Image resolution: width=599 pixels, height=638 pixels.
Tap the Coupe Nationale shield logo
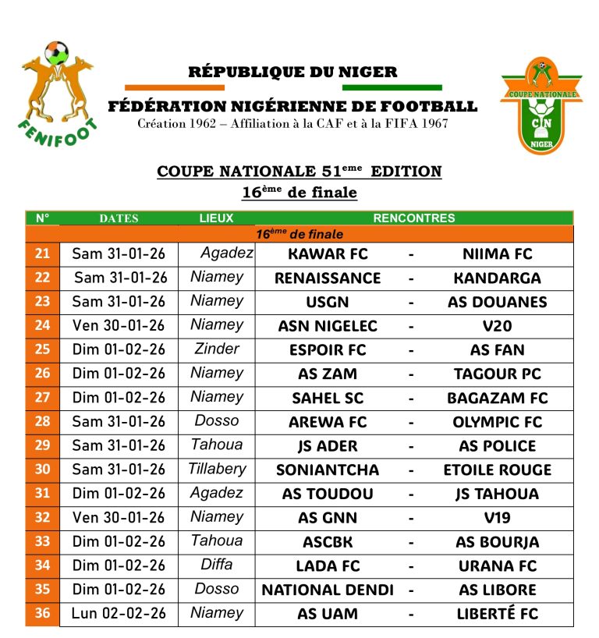click(x=541, y=104)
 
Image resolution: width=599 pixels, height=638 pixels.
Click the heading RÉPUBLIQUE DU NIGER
click(x=292, y=73)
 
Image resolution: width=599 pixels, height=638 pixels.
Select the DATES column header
click(x=119, y=218)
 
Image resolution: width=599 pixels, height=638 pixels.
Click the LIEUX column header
click(x=216, y=218)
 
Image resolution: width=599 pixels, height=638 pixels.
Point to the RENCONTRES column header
click(x=413, y=218)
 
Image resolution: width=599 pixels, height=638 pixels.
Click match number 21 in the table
click(x=42, y=253)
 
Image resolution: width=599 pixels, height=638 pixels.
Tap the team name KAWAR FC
click(x=328, y=254)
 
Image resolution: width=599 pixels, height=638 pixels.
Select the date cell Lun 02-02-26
click(x=119, y=614)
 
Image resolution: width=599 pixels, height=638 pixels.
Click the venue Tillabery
click(x=217, y=469)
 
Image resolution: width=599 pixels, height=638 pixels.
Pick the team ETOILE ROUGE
click(x=497, y=470)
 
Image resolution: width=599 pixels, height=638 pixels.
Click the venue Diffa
click(x=217, y=565)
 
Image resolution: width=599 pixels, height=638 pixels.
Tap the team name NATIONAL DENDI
click(x=328, y=590)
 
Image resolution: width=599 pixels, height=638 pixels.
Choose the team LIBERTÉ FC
click(x=497, y=614)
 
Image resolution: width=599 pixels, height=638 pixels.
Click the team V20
click(x=497, y=326)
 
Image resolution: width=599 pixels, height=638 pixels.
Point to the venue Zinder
click(x=217, y=349)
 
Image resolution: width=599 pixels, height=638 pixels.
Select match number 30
click(x=42, y=470)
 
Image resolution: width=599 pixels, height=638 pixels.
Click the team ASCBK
click(x=328, y=542)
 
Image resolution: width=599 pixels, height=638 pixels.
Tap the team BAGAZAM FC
click(x=497, y=398)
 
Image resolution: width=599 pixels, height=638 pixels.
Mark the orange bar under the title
click(x=163, y=87)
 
